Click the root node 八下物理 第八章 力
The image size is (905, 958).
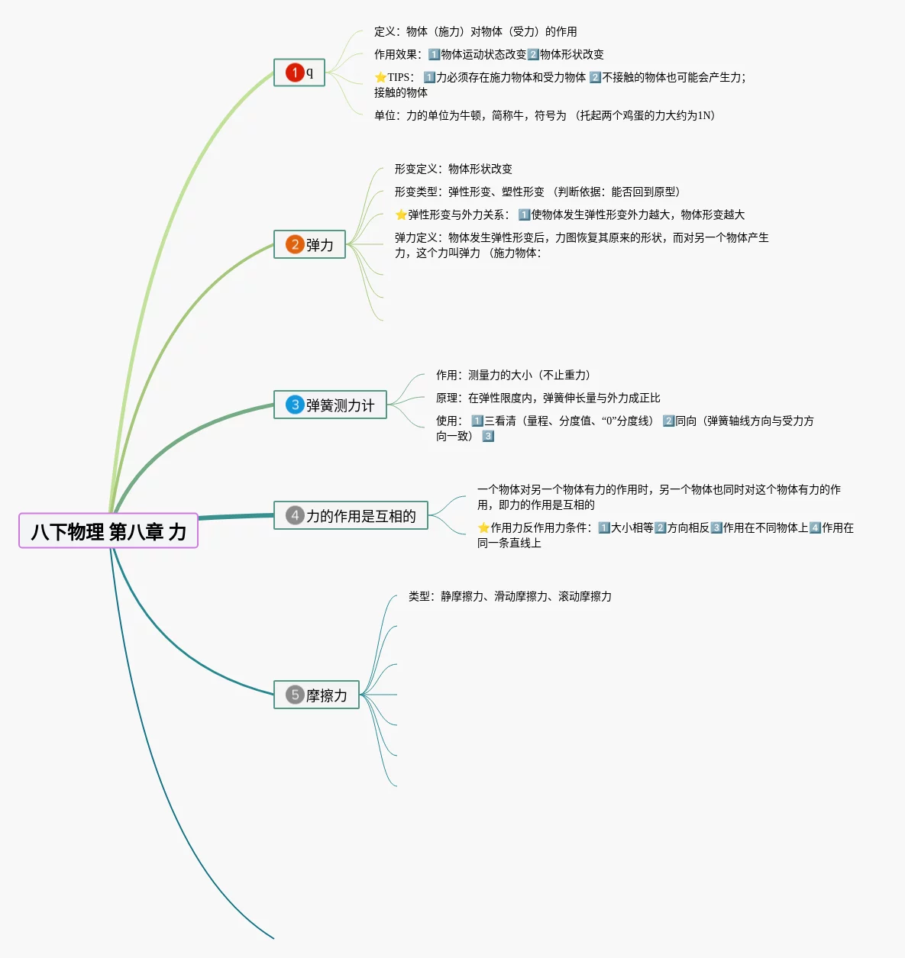click(x=108, y=531)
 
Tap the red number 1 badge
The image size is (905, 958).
click(x=295, y=73)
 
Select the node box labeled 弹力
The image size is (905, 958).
click(x=310, y=244)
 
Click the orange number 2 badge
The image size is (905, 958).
click(x=295, y=244)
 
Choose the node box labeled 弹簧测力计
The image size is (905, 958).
click(x=331, y=405)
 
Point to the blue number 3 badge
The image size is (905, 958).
click(x=295, y=405)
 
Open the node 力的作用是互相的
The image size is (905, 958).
click(x=351, y=516)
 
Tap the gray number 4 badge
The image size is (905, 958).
click(x=295, y=516)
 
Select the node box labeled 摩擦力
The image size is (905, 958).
click(x=317, y=695)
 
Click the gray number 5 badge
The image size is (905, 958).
click(x=295, y=695)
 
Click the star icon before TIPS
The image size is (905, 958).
click(x=380, y=77)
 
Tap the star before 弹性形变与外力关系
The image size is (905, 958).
click(x=401, y=215)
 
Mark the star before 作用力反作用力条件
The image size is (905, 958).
click(x=483, y=527)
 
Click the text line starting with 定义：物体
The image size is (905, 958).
click(x=475, y=31)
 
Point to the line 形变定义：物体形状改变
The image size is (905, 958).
click(x=453, y=169)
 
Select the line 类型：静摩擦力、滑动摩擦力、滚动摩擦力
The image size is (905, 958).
click(x=509, y=596)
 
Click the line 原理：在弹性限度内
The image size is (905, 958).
click(x=548, y=398)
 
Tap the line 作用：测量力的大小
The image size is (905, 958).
click(x=512, y=375)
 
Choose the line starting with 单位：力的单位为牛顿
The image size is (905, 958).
click(x=544, y=115)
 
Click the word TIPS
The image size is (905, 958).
click(x=399, y=77)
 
